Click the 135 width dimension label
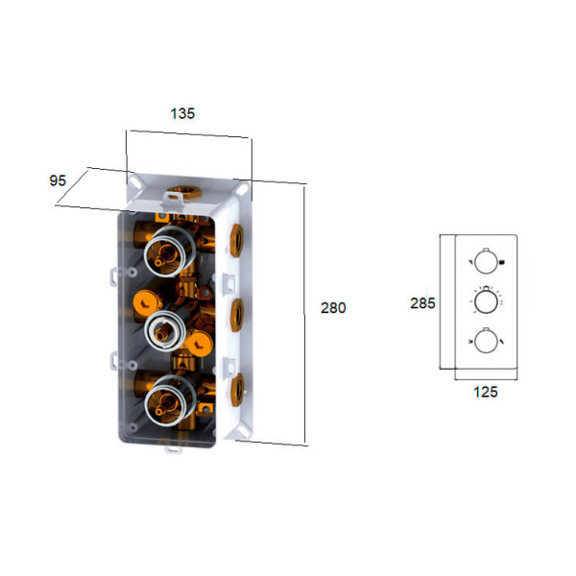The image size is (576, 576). click(x=182, y=113)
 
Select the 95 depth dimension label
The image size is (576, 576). click(x=60, y=180)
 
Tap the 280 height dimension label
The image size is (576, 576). click(x=332, y=308)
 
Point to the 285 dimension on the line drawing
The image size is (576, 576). click(x=423, y=302)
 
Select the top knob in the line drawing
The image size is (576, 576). click(x=487, y=261)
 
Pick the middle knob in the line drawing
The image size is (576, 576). click(x=487, y=301)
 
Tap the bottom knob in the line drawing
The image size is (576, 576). click(x=487, y=342)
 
